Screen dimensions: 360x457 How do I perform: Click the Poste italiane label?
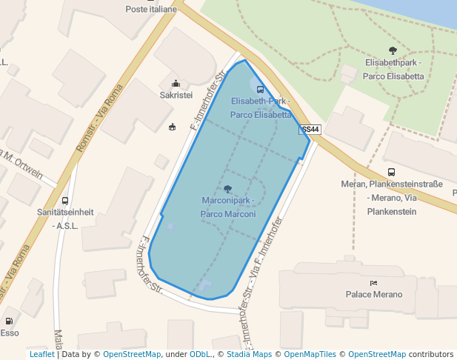pyautogui.click(x=151, y=10)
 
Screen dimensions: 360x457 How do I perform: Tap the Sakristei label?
pyautogui.click(x=176, y=96)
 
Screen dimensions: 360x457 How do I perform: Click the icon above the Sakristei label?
pyautogui.click(x=176, y=83)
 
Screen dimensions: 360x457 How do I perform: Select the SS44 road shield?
pyautogui.click(x=310, y=130)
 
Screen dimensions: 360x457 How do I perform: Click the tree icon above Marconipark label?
pyautogui.click(x=228, y=189)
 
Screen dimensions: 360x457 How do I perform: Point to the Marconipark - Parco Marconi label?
pyautogui.click(x=228, y=207)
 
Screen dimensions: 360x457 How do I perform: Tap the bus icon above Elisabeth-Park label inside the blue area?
pyautogui.click(x=260, y=90)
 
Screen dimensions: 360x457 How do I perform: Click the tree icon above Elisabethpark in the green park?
pyautogui.click(x=393, y=50)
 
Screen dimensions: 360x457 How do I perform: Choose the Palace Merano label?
pyautogui.click(x=374, y=294)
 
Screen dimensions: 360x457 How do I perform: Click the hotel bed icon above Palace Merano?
pyautogui.click(x=373, y=283)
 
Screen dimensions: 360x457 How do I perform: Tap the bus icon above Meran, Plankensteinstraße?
pyautogui.click(x=391, y=172)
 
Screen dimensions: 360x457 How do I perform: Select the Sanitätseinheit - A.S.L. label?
pyautogui.click(x=66, y=218)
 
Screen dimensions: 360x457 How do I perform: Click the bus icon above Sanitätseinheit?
pyautogui.click(x=65, y=201)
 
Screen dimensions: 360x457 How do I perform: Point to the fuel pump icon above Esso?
pyautogui.click(x=9, y=321)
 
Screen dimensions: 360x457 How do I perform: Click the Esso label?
pyautogui.click(x=9, y=333)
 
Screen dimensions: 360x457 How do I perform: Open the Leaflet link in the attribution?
pyautogui.click(x=41, y=355)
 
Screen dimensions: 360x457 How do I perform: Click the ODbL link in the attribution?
pyautogui.click(x=200, y=355)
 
